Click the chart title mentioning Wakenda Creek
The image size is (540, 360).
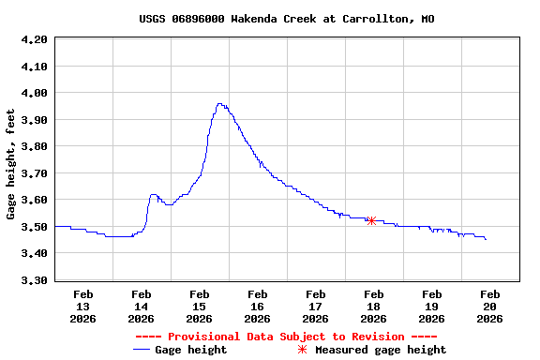pyautogui.click(x=286, y=19)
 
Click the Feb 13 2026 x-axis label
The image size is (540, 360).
pyautogui.click(x=82, y=307)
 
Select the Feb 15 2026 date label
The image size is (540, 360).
pyautogui.click(x=199, y=307)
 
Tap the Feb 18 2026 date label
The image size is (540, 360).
pyautogui.click(x=373, y=307)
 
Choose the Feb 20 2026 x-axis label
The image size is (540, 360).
pyautogui.click(x=489, y=307)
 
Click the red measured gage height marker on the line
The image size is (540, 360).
pyautogui.click(x=372, y=221)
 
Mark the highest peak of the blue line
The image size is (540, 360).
pyautogui.click(x=219, y=104)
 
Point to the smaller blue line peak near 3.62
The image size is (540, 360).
pyautogui.click(x=153, y=195)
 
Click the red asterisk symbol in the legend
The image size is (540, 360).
pyautogui.click(x=302, y=350)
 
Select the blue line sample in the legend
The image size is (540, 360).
pyautogui.click(x=142, y=350)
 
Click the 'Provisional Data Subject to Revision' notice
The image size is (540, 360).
pyautogui.click(x=286, y=337)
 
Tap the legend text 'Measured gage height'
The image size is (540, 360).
pyautogui.click(x=381, y=350)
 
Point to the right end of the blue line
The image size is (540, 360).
pyautogui.click(x=486, y=240)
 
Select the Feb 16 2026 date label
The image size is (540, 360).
pyautogui.click(x=257, y=307)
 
